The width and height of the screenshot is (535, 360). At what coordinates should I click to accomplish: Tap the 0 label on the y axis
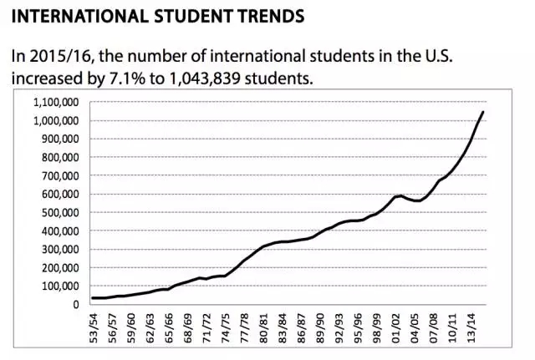pos(76,304)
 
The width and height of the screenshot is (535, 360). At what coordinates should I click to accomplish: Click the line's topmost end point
pos(483,112)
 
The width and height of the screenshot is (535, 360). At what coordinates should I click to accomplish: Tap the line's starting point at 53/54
pos(93,298)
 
